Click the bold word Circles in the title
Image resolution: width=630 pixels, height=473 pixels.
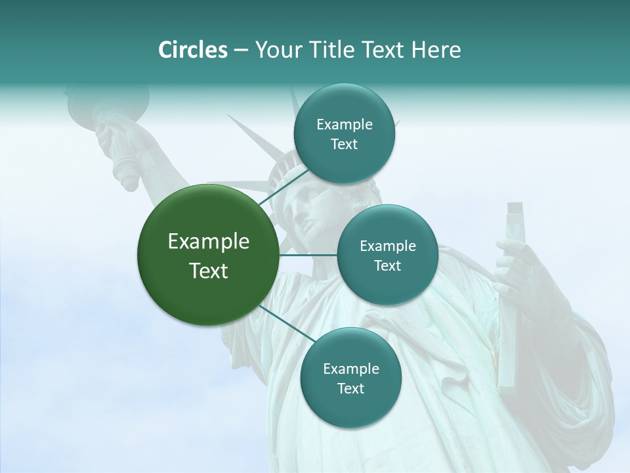[192, 50]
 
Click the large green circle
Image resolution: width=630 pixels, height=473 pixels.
[208, 255]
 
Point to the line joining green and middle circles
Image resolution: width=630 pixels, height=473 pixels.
[308, 255]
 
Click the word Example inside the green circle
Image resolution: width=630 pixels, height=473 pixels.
[208, 242]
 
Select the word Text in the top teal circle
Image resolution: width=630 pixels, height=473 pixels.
[344, 145]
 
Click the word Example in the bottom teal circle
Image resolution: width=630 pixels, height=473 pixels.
[350, 369]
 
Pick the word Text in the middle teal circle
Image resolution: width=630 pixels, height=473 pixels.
[387, 266]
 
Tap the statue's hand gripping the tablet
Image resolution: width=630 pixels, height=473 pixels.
[518, 269]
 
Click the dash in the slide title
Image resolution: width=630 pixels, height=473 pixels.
[241, 50]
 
